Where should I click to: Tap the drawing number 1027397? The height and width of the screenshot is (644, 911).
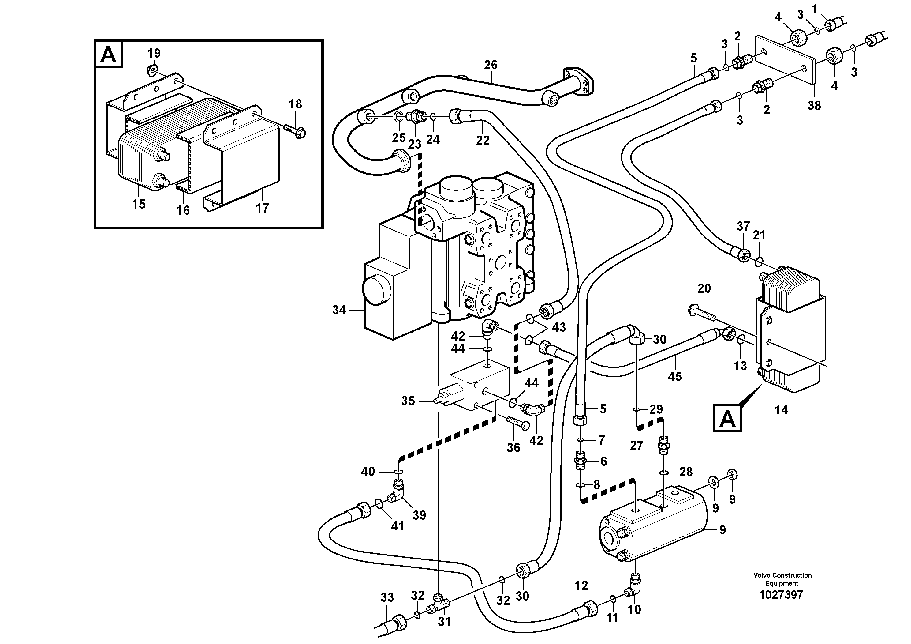781,606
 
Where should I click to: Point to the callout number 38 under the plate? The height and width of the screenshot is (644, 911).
814,105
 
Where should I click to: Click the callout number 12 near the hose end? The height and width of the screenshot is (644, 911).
581,586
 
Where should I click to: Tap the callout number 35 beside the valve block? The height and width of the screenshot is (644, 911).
408,401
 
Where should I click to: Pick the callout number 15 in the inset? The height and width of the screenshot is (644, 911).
139,204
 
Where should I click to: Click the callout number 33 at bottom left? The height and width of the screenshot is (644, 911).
387,597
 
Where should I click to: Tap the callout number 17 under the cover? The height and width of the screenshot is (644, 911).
262,208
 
